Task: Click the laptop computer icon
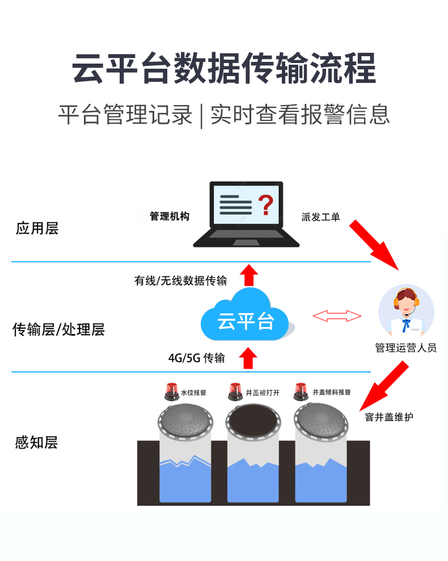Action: click(x=246, y=215)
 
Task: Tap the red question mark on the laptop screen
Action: click(x=265, y=205)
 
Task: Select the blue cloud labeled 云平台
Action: click(x=245, y=319)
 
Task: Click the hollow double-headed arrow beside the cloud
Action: click(x=337, y=316)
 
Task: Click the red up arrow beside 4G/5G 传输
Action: click(x=247, y=358)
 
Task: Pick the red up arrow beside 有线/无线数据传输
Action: click(x=247, y=275)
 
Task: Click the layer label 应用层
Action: click(x=37, y=229)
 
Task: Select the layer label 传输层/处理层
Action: click(x=58, y=329)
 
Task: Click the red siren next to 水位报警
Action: click(x=170, y=390)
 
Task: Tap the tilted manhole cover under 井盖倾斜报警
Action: click(x=320, y=421)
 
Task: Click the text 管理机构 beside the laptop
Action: click(x=169, y=216)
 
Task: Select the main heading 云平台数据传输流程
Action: click(x=224, y=69)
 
